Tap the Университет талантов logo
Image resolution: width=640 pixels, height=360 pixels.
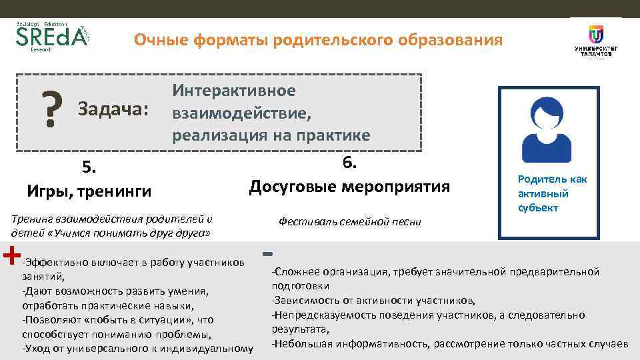tap(595, 41)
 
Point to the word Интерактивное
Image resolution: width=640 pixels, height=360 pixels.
tap(233, 91)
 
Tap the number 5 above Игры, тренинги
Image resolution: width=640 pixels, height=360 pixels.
tap(88, 167)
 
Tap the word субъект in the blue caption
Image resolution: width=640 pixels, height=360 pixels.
tap(539, 208)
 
